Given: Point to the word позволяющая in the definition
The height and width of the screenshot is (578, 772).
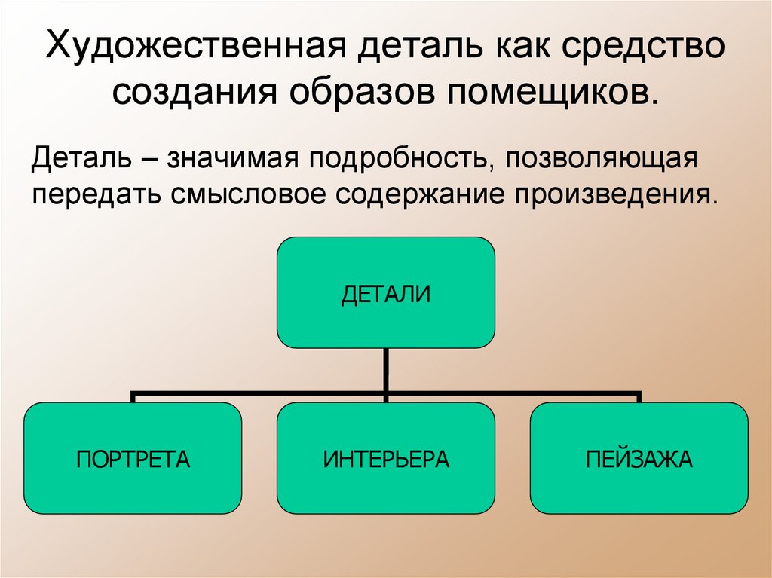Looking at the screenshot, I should point(600,161).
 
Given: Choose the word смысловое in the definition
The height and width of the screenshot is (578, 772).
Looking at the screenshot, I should point(250,194).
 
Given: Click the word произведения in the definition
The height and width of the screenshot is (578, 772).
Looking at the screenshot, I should point(614,194).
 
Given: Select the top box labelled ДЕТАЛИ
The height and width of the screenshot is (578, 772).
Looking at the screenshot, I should point(385,292).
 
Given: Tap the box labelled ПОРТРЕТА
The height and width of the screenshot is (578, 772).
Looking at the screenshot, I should point(133,458).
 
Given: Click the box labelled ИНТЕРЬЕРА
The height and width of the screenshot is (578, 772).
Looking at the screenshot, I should point(385,458).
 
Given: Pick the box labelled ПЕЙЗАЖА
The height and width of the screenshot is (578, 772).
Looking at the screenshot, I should point(639,458).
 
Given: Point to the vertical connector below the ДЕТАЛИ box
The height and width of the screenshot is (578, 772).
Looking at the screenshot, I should point(385,370).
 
